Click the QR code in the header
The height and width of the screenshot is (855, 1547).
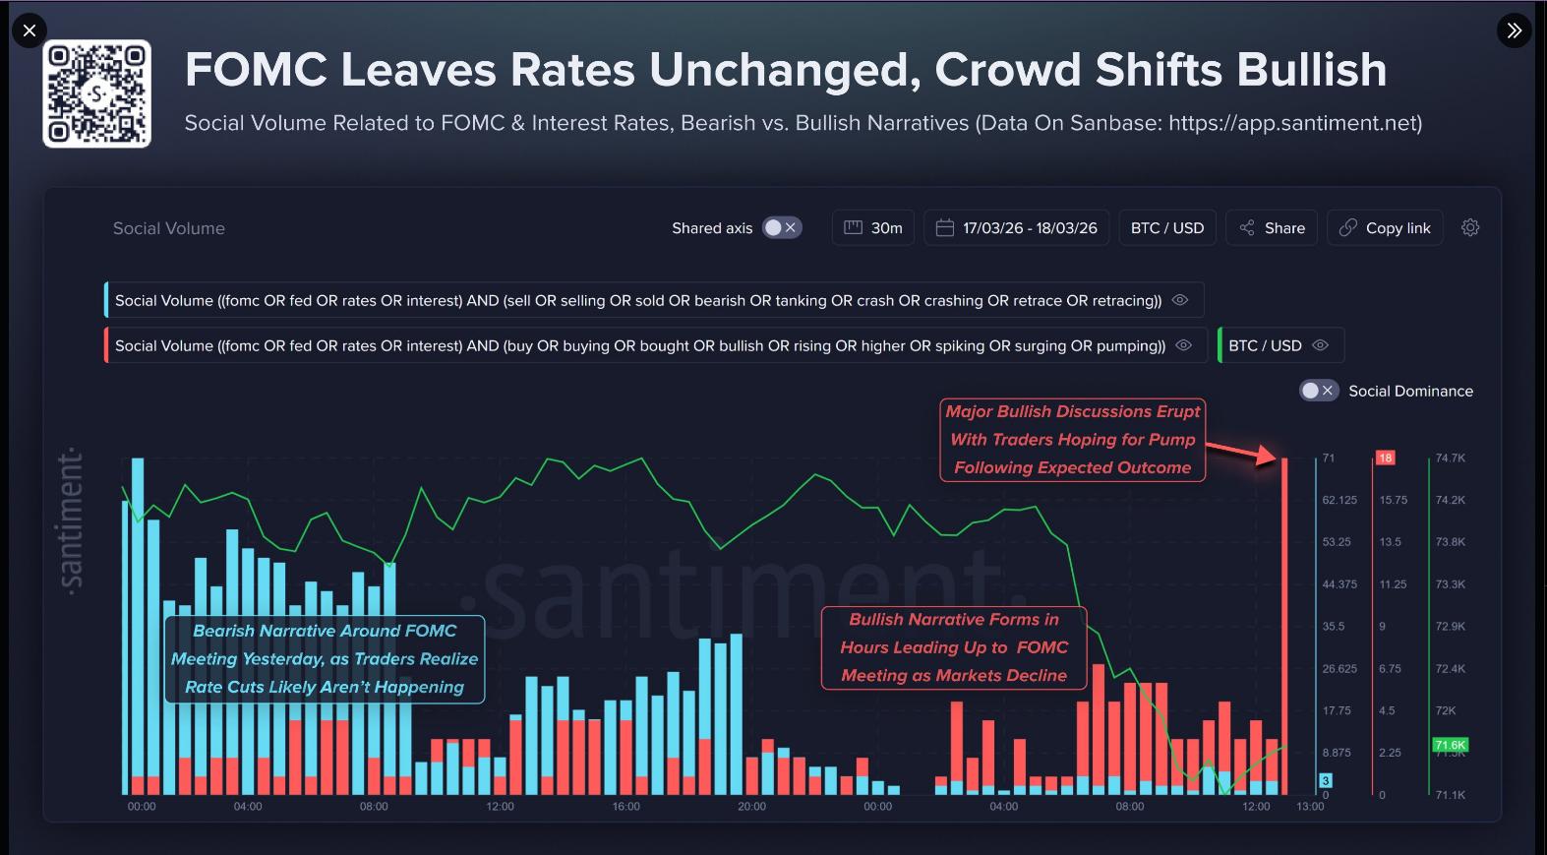pyautogui.click(x=96, y=94)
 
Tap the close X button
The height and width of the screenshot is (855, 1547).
pyautogui.click(x=30, y=31)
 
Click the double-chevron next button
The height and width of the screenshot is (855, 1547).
pyautogui.click(x=1514, y=31)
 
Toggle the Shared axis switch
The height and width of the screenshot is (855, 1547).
pyautogui.click(x=782, y=228)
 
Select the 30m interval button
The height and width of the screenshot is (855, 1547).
pyautogui.click(x=873, y=228)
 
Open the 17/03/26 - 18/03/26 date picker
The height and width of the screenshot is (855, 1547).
pyautogui.click(x=1016, y=228)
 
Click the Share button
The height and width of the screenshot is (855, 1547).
pyautogui.click(x=1272, y=228)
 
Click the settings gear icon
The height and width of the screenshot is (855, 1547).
pyautogui.click(x=1470, y=227)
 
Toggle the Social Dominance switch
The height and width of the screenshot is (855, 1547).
pyautogui.click(x=1318, y=391)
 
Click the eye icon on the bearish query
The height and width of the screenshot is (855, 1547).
pyautogui.click(x=1180, y=300)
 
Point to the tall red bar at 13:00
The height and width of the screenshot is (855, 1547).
pyautogui.click(x=1284, y=630)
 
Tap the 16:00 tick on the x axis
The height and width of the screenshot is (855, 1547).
pyautogui.click(x=626, y=807)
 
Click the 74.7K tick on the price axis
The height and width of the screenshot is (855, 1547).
pyautogui.click(x=1450, y=458)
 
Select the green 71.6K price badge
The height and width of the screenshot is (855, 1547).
pyautogui.click(x=1450, y=745)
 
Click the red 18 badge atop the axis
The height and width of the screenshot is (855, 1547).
pyautogui.click(x=1385, y=458)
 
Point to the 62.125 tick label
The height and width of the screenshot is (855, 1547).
pyautogui.click(x=1339, y=501)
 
